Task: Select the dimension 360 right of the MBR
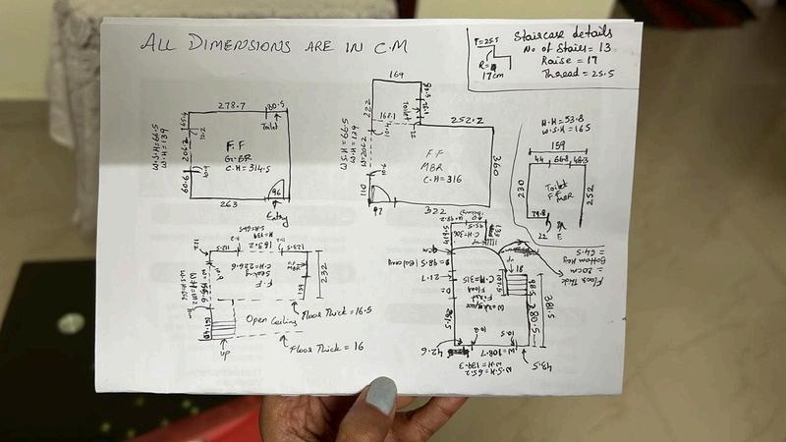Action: [x=498, y=162]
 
